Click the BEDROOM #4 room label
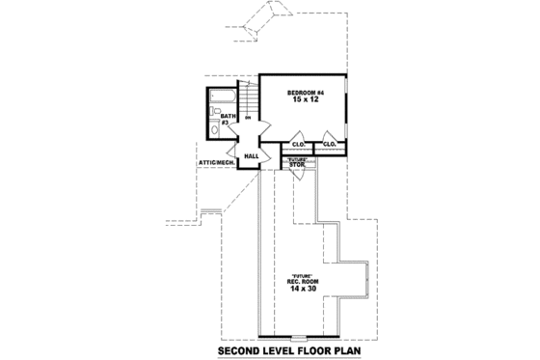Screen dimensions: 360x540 (x=304, y=91)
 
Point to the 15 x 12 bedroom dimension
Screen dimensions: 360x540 (x=304, y=99)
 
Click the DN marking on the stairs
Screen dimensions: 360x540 (x=249, y=120)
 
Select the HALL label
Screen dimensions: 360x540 (x=252, y=155)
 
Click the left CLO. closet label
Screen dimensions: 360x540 (x=299, y=146)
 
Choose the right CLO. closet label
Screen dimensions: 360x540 (x=329, y=146)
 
